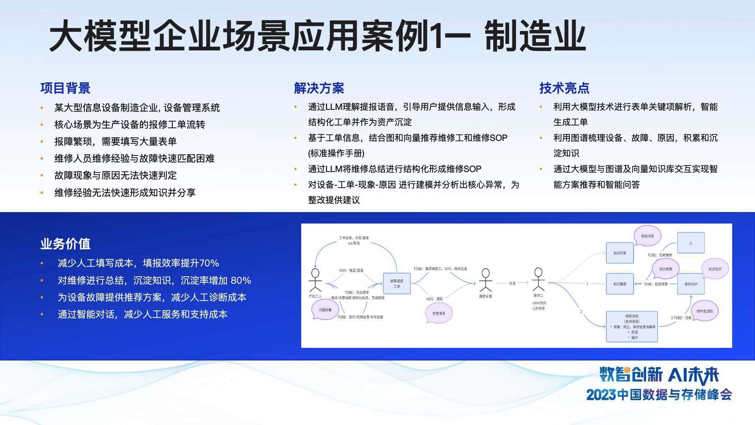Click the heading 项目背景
tap(65, 88)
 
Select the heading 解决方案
tap(319, 88)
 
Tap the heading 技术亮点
tap(564, 88)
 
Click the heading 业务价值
tap(65, 244)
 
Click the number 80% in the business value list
tap(241, 281)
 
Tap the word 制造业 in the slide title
tap(535, 36)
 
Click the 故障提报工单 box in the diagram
tap(397, 284)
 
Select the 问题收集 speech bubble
tap(325, 310)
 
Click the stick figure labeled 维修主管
tap(486, 280)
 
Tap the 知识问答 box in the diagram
tap(620, 253)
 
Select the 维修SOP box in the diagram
tap(691, 284)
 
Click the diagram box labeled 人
tap(691, 243)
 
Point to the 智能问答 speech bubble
tap(648, 236)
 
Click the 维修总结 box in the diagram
tap(632, 326)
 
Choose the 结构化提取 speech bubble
tap(705, 311)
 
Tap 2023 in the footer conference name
tap(601, 395)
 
